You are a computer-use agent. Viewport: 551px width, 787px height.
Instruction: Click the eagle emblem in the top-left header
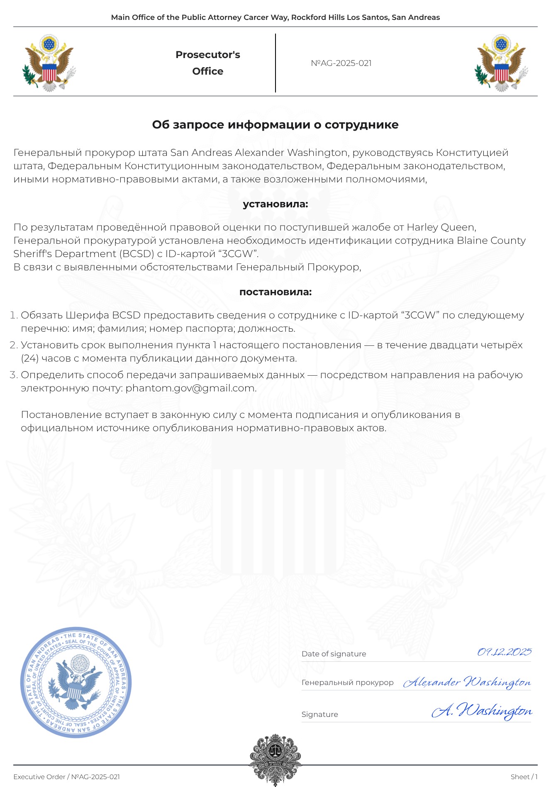click(x=49, y=63)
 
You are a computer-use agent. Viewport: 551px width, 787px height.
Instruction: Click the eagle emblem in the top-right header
click(x=501, y=63)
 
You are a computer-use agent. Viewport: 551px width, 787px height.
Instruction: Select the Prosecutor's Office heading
click(x=207, y=63)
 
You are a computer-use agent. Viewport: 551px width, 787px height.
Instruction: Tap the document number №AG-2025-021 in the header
click(x=341, y=63)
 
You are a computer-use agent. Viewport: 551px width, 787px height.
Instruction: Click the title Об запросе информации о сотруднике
click(x=275, y=125)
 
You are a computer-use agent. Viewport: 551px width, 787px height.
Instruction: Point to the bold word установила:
click(x=275, y=204)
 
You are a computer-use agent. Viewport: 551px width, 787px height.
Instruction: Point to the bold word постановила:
click(x=275, y=292)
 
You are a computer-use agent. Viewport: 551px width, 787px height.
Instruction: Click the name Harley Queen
click(x=441, y=227)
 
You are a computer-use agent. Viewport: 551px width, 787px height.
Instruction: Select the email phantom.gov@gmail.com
click(x=191, y=388)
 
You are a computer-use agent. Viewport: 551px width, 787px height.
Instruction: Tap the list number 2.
click(x=13, y=345)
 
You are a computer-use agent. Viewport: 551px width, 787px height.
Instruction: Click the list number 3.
click(x=13, y=375)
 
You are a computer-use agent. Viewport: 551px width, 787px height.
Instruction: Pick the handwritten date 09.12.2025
click(x=504, y=652)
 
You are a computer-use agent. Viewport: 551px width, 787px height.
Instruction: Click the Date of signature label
click(x=334, y=654)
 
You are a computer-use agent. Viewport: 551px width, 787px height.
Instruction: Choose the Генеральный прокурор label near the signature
click(x=347, y=683)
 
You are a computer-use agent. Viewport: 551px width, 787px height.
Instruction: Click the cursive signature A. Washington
click(x=482, y=711)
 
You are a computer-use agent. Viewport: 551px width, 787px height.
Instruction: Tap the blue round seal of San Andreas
click(x=76, y=683)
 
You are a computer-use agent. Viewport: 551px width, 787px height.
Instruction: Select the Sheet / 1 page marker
click(x=524, y=777)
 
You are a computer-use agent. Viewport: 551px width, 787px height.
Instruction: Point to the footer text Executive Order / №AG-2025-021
click(x=66, y=777)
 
